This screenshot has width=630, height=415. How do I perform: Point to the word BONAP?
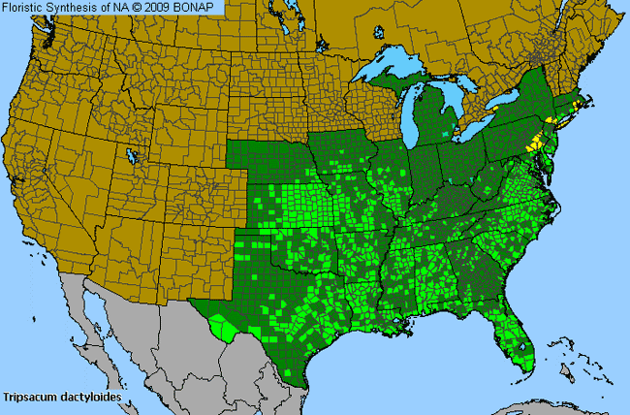pyautogui.click(x=201, y=7)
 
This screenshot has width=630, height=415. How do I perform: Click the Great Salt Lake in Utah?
pyautogui.click(x=131, y=154)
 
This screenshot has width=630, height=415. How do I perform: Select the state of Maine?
pyautogui.click(x=592, y=53)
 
